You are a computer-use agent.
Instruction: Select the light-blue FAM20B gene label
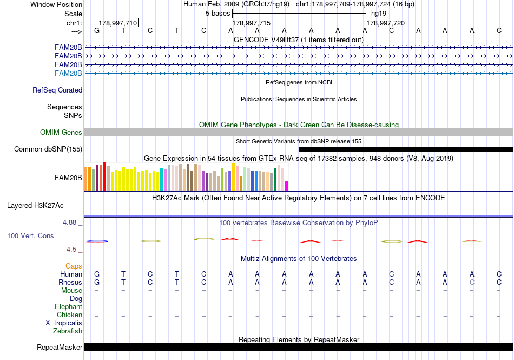click(68, 73)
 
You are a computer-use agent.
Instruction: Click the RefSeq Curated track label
click(57, 90)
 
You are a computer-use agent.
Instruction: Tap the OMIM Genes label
click(61, 132)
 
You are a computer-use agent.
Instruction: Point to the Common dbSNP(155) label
click(48, 149)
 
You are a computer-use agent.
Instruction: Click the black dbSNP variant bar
click(406, 149)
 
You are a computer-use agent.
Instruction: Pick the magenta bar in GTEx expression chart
click(287, 185)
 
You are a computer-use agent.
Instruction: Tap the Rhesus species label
click(70, 282)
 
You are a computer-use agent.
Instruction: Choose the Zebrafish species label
click(68, 331)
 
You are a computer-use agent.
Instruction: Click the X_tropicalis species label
click(64, 323)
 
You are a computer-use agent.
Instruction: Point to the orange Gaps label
click(74, 266)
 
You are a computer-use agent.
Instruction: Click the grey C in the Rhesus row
click(472, 282)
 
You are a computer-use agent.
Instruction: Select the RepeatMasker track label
click(60, 347)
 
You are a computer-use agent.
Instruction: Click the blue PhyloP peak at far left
click(97, 241)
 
